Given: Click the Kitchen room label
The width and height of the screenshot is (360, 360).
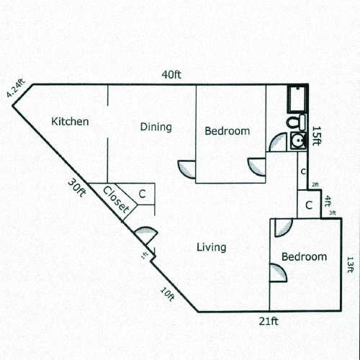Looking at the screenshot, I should coord(70,122).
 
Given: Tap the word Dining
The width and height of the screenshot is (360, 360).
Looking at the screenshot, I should coord(156,127).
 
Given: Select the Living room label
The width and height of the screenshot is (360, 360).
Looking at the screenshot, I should coord(211,248).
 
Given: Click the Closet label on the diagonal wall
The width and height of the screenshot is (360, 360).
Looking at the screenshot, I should coord(117,201).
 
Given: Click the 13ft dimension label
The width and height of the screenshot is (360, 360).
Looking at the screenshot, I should coord(350,264).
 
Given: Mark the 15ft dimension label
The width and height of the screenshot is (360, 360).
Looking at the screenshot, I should coord(316,135).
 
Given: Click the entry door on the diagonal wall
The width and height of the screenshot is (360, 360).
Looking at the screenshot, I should coord(145,235).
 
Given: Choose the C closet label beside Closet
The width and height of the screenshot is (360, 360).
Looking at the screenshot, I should coord(143,194).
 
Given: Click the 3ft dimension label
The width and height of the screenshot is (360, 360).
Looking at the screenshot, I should coord(333,213).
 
